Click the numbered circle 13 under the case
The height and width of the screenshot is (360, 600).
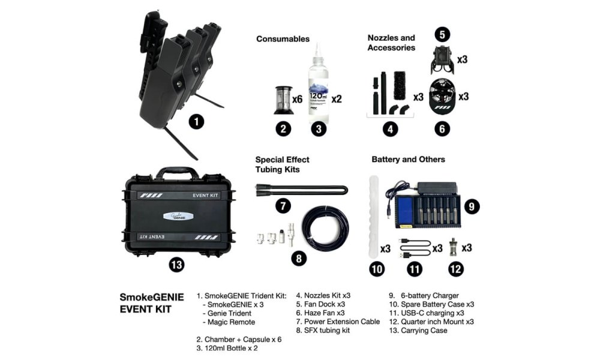coord(176,265)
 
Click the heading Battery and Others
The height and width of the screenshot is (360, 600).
coord(408,160)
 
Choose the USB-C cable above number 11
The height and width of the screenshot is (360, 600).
coord(413,248)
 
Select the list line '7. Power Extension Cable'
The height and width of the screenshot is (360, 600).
coord(338,322)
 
